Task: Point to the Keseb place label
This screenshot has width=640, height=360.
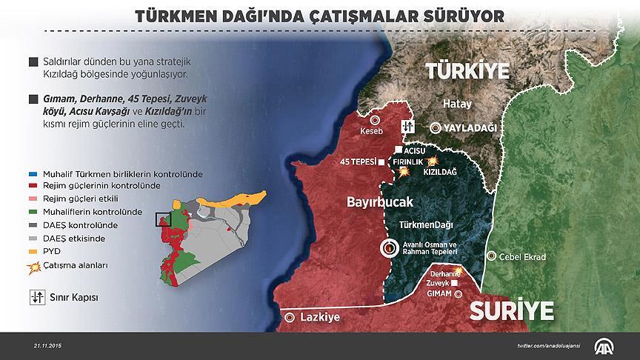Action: coord(374,133)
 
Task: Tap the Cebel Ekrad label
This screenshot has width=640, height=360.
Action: coord(521,257)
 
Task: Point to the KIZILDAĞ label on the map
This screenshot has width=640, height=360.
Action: coord(439,172)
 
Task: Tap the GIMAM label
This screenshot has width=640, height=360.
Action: coord(440,293)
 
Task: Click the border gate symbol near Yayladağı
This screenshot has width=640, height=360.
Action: coord(407,127)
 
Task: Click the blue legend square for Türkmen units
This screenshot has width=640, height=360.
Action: coord(31,173)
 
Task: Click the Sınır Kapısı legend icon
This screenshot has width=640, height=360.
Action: coord(35,298)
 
